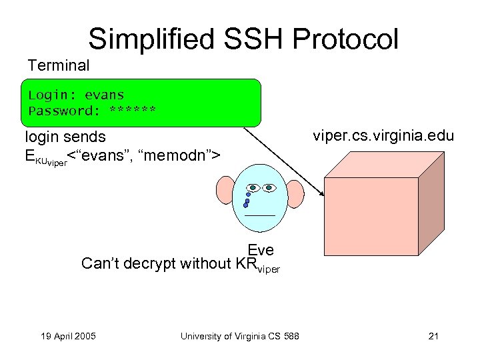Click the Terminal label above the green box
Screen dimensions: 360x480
(x=58, y=65)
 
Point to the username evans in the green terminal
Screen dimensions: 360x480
(x=104, y=95)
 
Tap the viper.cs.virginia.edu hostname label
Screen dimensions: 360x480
(x=383, y=136)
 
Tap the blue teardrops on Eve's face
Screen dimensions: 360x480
(x=247, y=199)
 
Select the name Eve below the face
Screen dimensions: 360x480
(x=261, y=249)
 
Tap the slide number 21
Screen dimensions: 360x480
(x=433, y=335)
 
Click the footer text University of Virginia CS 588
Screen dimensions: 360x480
(x=239, y=335)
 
